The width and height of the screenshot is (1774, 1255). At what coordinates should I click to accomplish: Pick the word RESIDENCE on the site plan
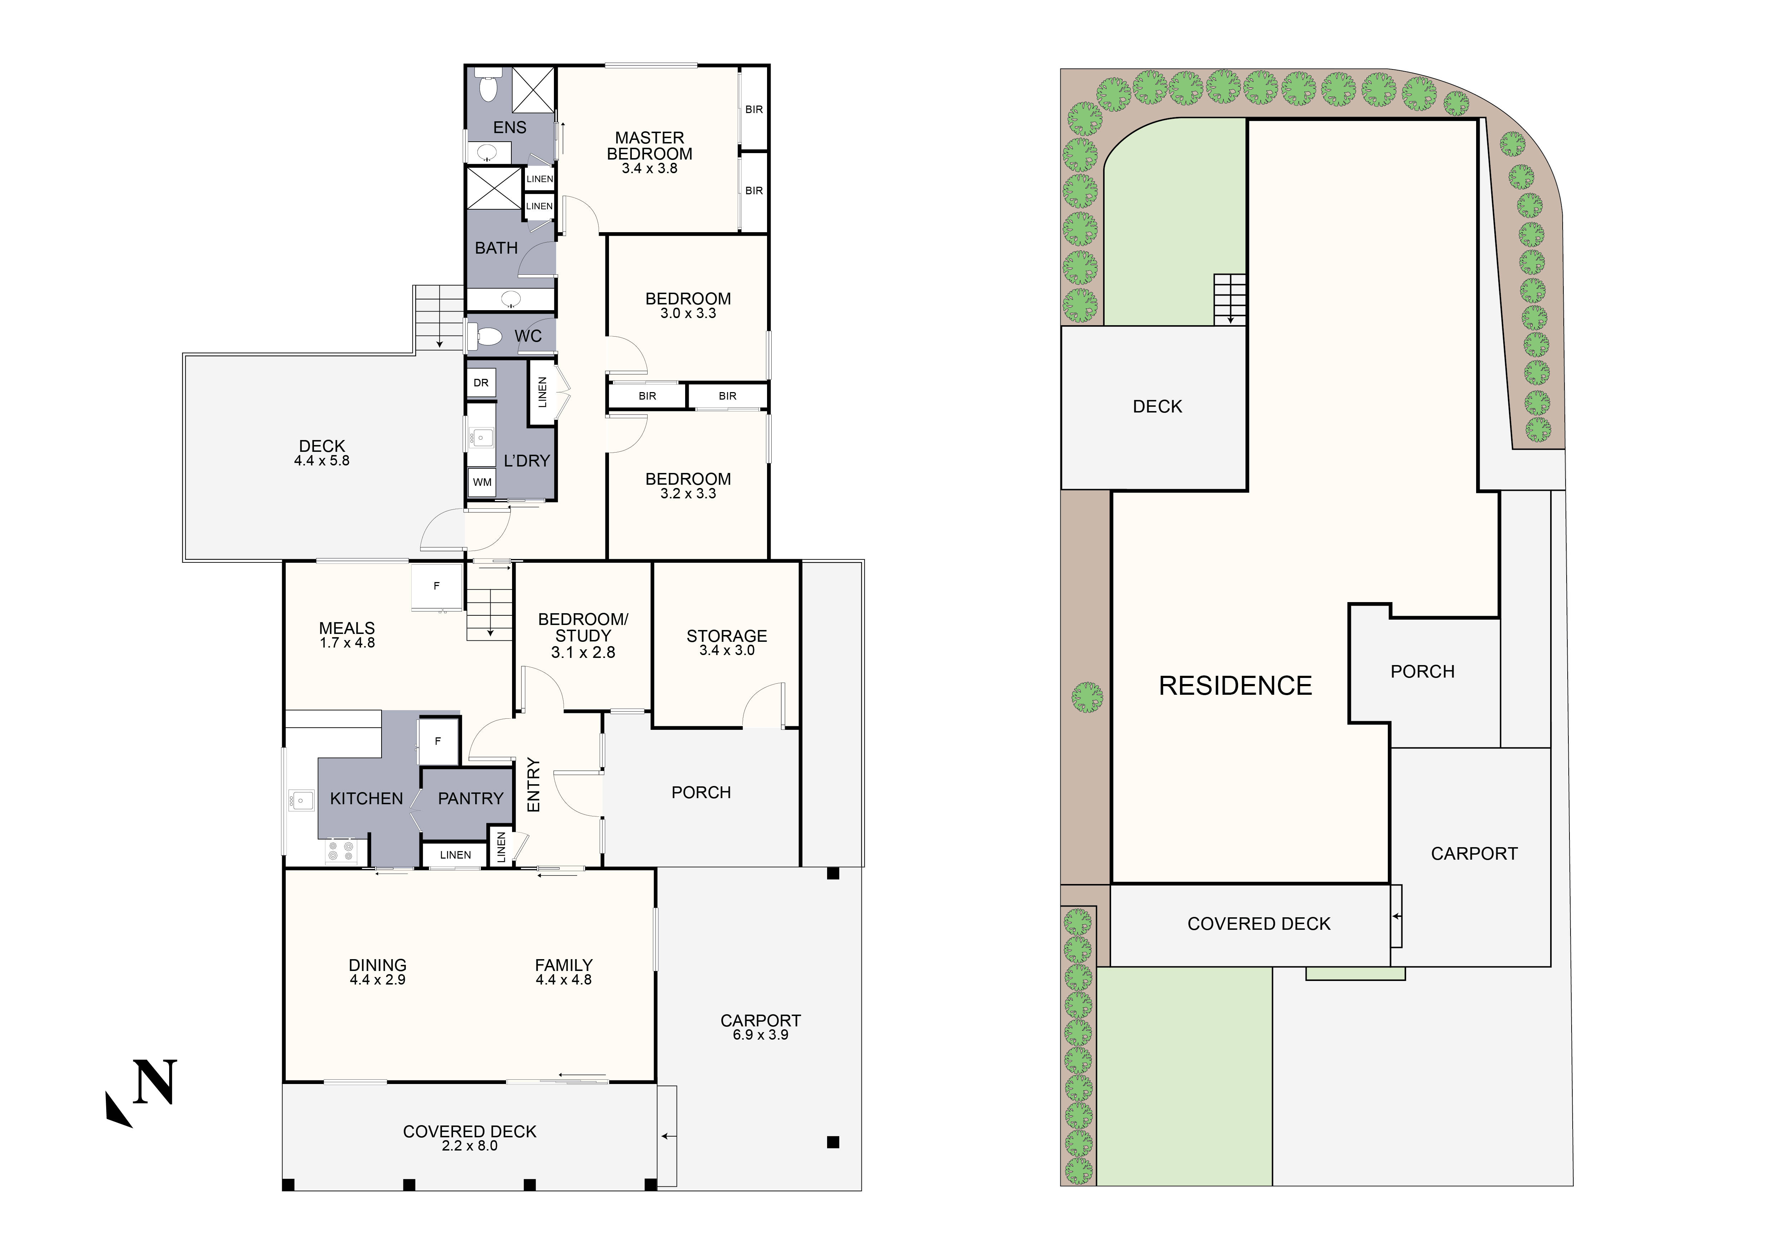coord(1235,685)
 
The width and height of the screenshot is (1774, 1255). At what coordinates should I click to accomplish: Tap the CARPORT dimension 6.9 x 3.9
coord(760,1035)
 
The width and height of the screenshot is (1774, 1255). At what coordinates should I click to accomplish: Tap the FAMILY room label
coord(563,965)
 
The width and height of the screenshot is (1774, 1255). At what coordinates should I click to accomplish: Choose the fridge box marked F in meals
coord(437,587)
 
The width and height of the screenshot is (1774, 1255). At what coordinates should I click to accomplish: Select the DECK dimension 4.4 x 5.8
coord(321,460)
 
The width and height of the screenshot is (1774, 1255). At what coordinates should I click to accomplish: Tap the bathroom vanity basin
coord(510,299)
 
